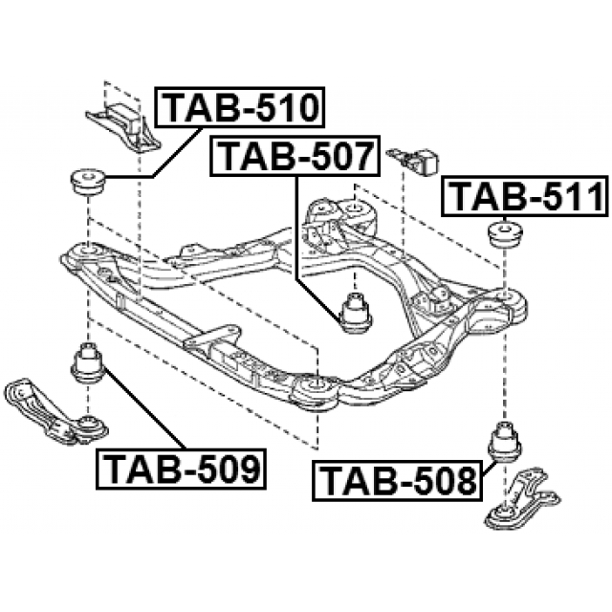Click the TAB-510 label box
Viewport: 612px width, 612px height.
point(241,107)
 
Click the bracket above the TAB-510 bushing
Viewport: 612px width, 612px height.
point(120,120)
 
